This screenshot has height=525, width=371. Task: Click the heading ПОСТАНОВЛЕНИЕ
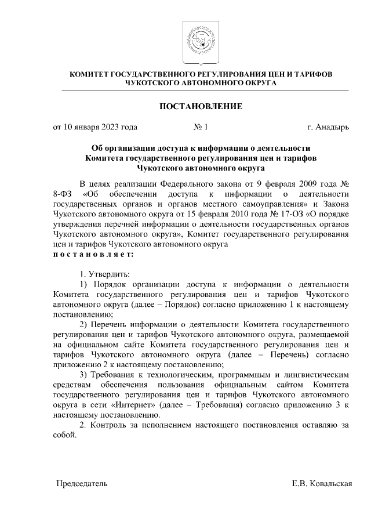tap(201, 106)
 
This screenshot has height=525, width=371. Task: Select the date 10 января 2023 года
tap(95, 127)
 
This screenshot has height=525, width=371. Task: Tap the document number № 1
tap(201, 127)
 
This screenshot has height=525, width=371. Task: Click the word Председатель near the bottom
tap(81, 483)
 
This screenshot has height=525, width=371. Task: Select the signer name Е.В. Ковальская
tap(322, 483)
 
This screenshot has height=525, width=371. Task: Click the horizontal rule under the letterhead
tap(201, 91)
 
